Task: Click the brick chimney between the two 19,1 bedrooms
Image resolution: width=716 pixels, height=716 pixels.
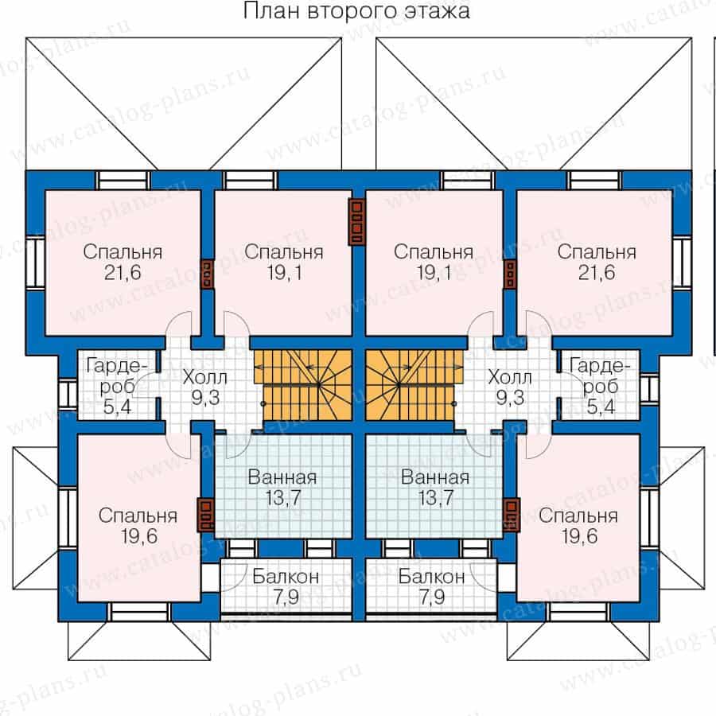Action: point(358,220)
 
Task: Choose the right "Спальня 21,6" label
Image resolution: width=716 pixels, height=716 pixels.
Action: point(596,263)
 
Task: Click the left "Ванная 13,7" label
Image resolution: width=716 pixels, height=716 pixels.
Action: point(282,488)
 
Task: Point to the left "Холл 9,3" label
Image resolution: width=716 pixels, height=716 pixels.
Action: point(205,386)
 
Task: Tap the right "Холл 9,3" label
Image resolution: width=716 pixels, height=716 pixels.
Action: point(510,386)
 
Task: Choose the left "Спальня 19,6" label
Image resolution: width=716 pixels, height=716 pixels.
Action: point(138,525)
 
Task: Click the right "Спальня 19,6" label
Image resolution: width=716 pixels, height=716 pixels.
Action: point(578,525)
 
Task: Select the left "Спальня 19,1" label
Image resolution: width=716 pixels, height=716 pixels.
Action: point(284,263)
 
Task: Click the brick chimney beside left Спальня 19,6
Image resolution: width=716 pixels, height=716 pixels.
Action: point(206,514)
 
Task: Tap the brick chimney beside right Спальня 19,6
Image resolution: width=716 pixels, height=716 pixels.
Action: point(510,514)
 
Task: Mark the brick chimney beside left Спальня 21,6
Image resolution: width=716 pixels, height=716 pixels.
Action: point(207,273)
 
